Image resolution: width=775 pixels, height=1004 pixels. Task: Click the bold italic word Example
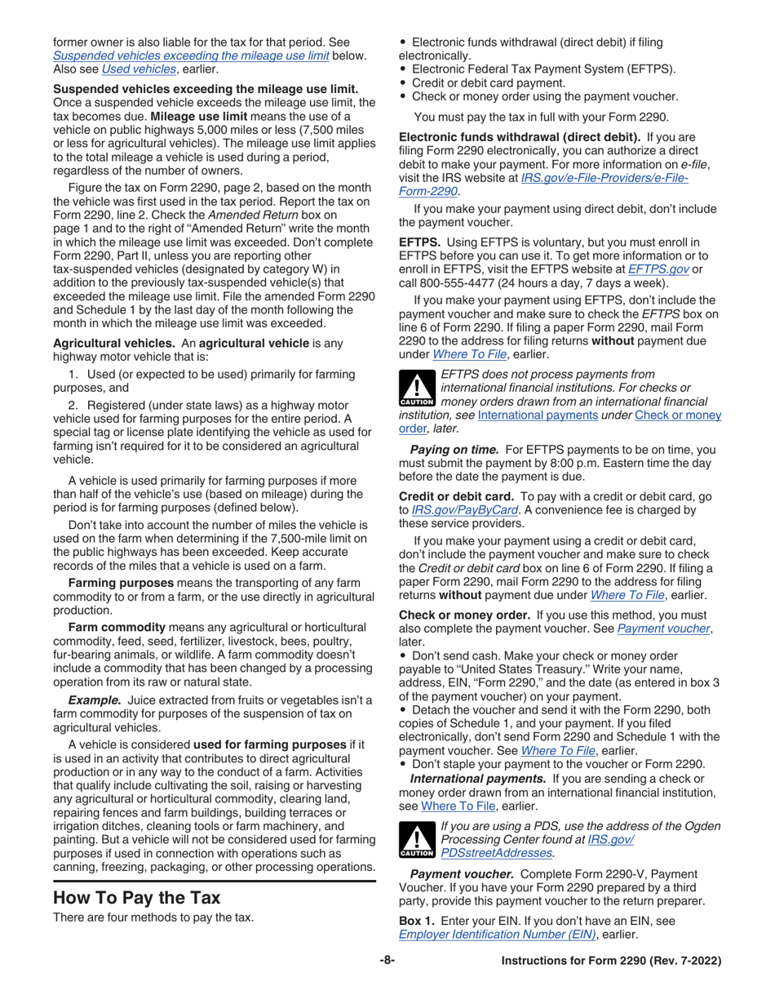pyautogui.click(x=95, y=700)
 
